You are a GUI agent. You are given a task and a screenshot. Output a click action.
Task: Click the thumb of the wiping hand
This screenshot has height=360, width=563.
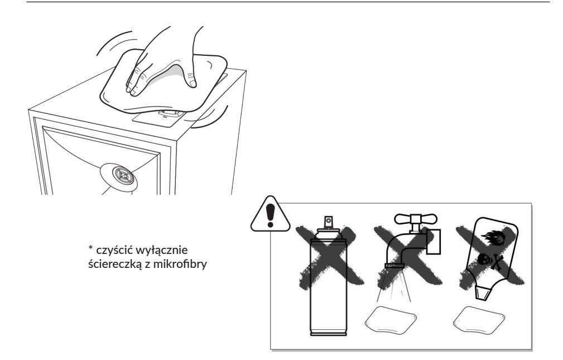(193, 78)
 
